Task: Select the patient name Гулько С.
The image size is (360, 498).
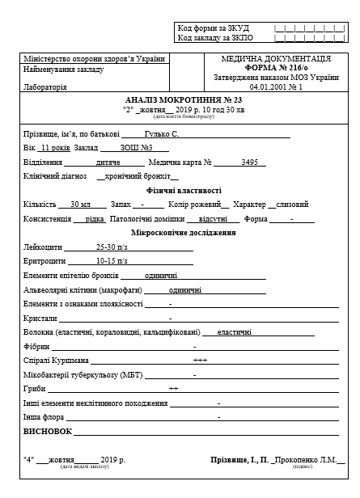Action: pos(162,133)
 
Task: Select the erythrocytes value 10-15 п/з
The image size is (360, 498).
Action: pos(112,261)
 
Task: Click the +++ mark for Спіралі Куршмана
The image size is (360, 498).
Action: pos(200,360)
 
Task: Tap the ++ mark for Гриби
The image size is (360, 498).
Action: pos(173,388)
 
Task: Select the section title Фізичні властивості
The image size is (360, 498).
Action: pos(179,190)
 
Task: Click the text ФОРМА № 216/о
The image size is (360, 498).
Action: pos(275,68)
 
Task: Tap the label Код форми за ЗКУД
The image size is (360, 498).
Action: pos(213,28)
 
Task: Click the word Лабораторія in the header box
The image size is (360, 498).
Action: pos(46,87)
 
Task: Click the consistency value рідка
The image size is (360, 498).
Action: pos(95,218)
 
